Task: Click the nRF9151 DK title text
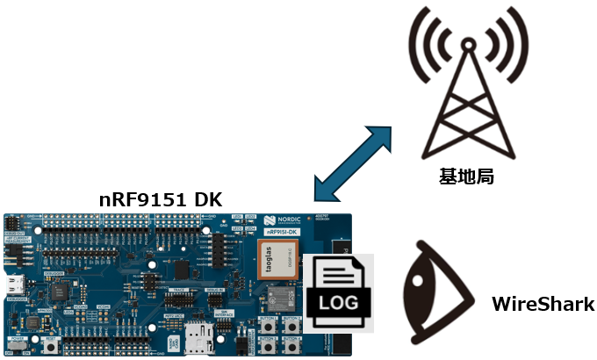(160, 199)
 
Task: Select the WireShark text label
(543, 305)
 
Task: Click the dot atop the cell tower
(466, 44)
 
